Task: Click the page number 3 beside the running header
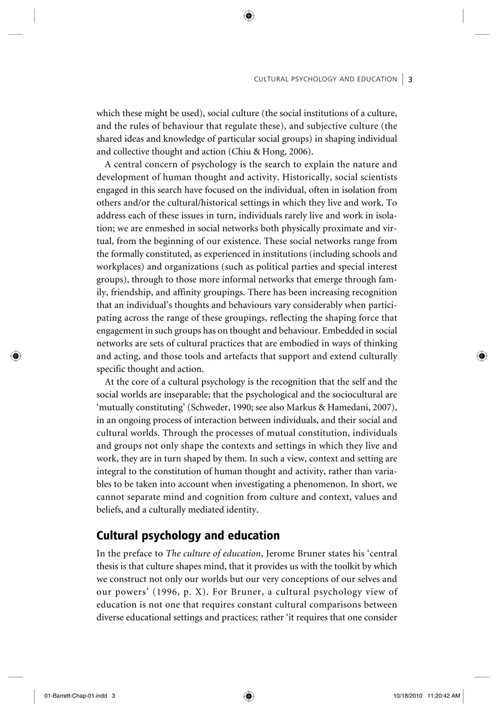(410, 79)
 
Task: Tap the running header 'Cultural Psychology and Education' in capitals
(325, 79)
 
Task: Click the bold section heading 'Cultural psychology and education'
(188, 536)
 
